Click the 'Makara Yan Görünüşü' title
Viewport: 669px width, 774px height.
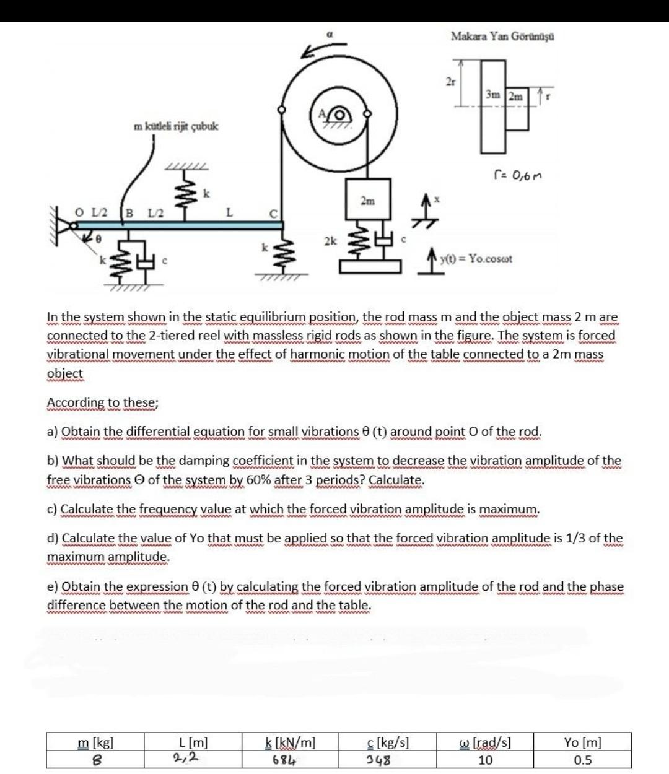[x=502, y=36]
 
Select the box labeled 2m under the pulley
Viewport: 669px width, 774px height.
[x=367, y=201]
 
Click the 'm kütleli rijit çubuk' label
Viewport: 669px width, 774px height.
[x=176, y=126]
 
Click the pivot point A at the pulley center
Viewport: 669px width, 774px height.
[x=323, y=113]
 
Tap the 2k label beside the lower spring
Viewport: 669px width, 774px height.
[x=330, y=241]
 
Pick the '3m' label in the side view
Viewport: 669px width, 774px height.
[x=493, y=95]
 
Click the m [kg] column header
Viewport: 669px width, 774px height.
[x=95, y=742]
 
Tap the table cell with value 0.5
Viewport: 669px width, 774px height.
[x=582, y=760]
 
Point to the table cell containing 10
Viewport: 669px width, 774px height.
[x=486, y=760]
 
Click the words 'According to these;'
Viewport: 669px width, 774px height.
[x=103, y=402]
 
